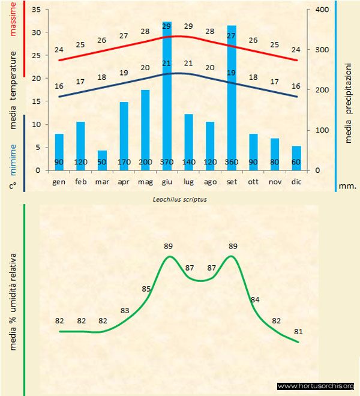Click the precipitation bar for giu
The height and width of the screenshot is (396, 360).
(x=167, y=96)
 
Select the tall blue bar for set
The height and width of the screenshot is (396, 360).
(x=232, y=96)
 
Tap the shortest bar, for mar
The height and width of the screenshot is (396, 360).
(x=102, y=160)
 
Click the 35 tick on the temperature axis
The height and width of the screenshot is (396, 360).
(x=35, y=10)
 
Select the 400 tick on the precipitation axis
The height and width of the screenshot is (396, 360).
(x=321, y=10)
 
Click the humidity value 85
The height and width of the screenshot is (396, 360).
(x=146, y=289)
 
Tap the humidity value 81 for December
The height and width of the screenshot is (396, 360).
(x=299, y=331)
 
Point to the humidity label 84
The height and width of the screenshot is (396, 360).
(x=255, y=299)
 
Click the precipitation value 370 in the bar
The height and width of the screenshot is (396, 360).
(x=167, y=162)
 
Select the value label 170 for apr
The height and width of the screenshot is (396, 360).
(x=124, y=162)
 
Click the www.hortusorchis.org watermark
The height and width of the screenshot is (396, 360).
(x=316, y=386)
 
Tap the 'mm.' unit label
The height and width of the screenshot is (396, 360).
(x=348, y=186)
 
